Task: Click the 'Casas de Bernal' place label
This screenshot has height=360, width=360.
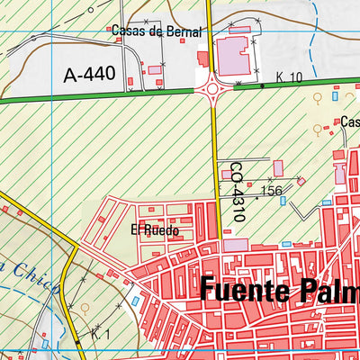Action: (148, 30)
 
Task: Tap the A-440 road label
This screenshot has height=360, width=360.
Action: (90, 75)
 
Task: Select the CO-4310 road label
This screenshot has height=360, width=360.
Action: (236, 193)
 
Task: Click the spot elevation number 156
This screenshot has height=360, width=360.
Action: (271, 191)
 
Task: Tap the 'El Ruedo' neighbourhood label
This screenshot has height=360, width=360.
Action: (155, 230)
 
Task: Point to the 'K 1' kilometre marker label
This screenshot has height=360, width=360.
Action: (100, 334)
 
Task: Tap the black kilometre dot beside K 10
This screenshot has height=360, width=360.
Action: (262, 85)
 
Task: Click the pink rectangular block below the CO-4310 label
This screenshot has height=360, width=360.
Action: (235, 244)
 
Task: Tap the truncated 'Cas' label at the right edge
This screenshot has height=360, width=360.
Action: (349, 121)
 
